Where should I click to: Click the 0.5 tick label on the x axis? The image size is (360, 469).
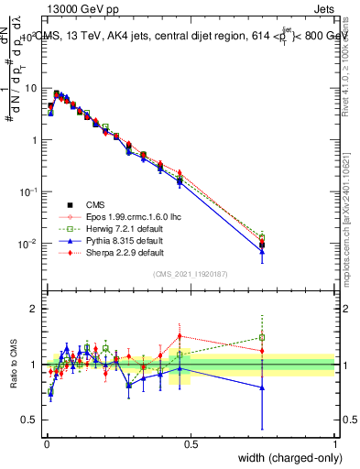click(x=191, y=442)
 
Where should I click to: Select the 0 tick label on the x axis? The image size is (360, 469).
click(x=46, y=442)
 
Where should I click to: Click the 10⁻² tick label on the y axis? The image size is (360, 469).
click(x=27, y=244)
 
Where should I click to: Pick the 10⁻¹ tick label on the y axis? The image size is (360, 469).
click(x=27, y=191)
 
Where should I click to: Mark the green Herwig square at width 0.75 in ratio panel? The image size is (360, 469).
click(x=263, y=337)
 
